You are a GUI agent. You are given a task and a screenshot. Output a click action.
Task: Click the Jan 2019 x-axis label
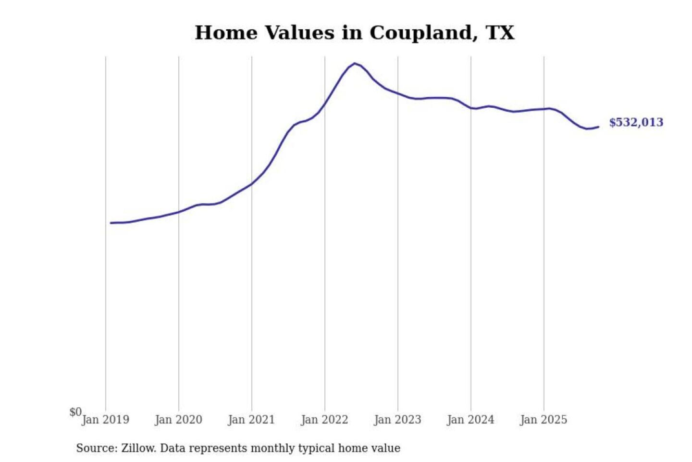105,420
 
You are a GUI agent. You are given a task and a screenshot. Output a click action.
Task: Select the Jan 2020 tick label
178,420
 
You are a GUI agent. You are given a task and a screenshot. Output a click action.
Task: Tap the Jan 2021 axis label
251,420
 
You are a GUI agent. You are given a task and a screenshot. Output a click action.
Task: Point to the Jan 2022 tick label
324,420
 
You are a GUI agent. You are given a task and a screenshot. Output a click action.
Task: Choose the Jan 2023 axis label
397,420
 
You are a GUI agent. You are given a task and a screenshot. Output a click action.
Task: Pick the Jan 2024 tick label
470,420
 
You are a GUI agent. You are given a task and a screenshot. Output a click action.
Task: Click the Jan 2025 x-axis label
544,420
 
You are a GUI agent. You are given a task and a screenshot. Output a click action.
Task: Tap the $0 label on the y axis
75,412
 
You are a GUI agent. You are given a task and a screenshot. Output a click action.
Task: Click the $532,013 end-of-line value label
636,122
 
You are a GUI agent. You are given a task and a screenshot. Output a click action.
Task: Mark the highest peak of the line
355,63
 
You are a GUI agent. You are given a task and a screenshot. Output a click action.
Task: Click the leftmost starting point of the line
111,223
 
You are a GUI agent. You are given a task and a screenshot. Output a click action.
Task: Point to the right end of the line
598,127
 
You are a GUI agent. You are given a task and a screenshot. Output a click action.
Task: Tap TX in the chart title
500,33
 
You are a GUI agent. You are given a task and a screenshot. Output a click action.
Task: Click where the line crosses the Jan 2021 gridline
252,183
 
